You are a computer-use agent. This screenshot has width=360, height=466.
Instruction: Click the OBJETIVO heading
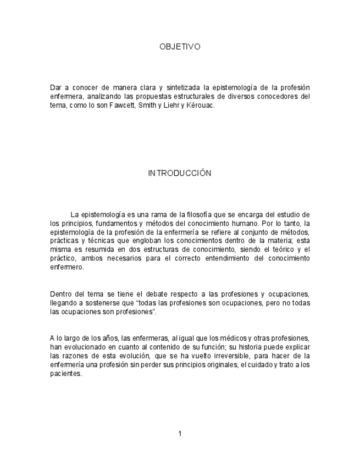tap(180, 47)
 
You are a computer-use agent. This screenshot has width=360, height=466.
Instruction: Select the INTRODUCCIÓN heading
tap(180, 173)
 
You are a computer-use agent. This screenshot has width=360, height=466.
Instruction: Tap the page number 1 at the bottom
tap(180, 434)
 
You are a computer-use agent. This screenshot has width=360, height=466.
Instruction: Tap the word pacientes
tap(65, 374)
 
